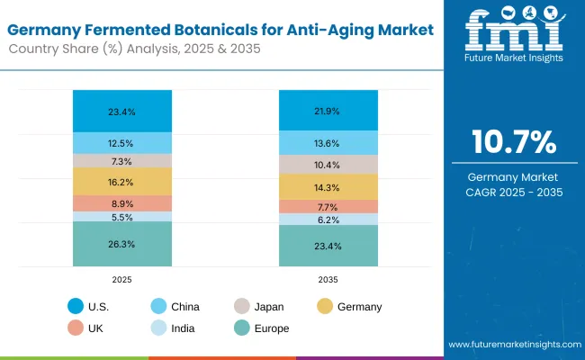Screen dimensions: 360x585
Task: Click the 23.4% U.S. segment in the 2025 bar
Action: pos(122,112)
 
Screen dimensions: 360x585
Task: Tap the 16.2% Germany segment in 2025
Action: pos(122,181)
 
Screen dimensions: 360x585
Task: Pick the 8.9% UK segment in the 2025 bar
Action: pos(122,203)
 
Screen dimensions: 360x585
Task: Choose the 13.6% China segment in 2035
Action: pos(328,142)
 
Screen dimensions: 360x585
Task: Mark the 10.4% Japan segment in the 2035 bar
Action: pos(328,165)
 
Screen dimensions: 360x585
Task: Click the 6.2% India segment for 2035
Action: pos(328,220)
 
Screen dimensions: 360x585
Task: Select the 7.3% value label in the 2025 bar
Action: pos(122,161)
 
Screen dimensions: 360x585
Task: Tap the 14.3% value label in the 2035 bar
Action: pos(328,187)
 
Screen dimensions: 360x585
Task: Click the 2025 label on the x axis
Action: pos(122,280)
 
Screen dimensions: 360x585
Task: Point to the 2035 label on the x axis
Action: pos(328,280)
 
